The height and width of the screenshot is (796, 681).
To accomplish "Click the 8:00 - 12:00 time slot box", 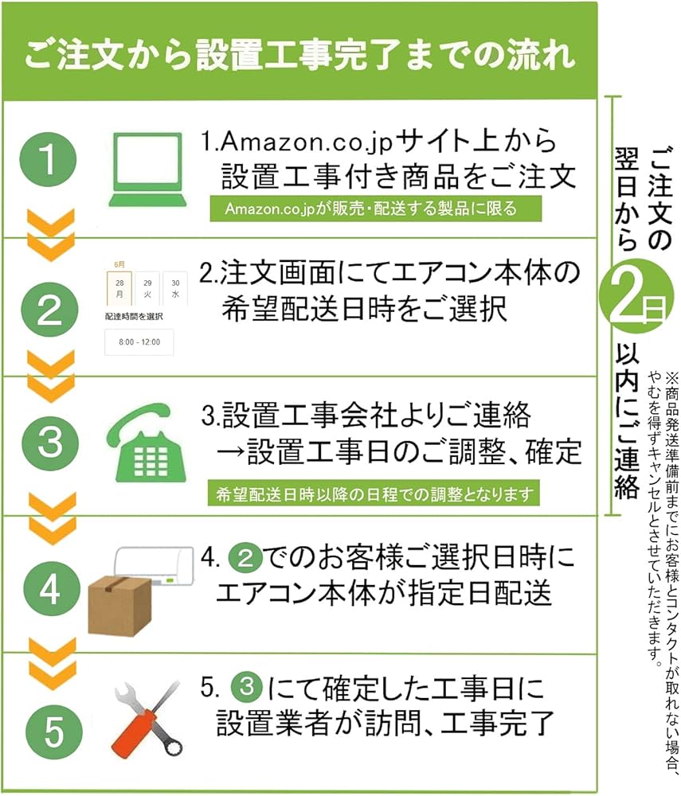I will (x=139, y=342).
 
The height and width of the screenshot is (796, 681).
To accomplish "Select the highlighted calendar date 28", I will (x=119, y=288).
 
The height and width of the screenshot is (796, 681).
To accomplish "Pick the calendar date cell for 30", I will (x=174, y=288).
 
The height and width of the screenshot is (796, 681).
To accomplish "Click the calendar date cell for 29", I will (x=147, y=288).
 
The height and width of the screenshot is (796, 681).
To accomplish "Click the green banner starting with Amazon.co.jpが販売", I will (x=371, y=209).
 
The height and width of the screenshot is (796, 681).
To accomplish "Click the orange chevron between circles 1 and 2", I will (x=51, y=235).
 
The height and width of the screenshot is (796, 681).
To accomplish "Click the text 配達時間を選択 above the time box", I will (x=133, y=316).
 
